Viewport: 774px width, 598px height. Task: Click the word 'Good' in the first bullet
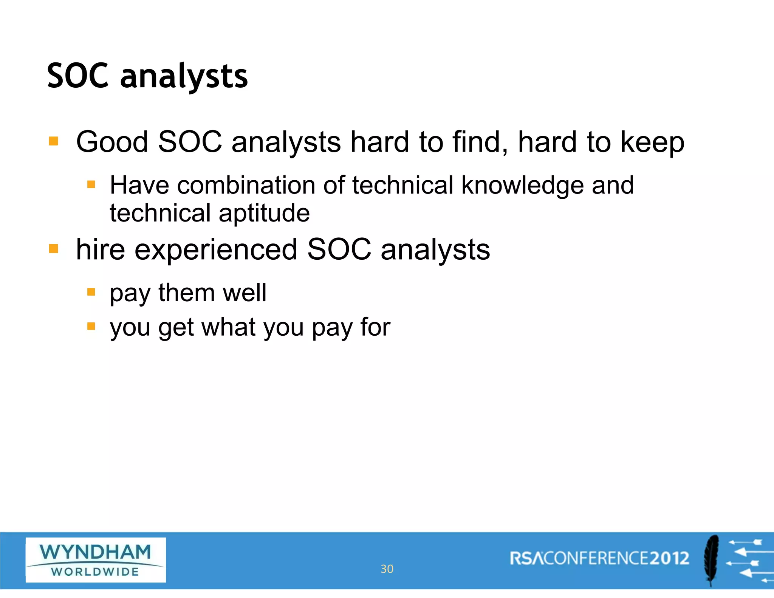pos(112,142)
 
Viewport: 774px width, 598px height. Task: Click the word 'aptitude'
pos(264,214)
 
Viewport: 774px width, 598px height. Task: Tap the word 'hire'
pos(101,249)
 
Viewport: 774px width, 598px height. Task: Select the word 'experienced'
pos(216,250)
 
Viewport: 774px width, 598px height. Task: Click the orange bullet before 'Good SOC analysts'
pos(54,141)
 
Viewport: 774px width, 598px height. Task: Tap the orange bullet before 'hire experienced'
pos(54,249)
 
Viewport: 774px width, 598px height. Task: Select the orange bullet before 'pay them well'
pos(91,292)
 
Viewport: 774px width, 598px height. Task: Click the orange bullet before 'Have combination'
pos(91,184)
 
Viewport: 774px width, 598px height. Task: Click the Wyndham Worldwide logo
pos(96,560)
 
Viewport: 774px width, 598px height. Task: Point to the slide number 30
pos(387,569)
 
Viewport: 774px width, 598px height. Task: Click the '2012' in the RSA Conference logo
pos(669,558)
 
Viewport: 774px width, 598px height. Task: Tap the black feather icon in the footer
pos(712,559)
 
